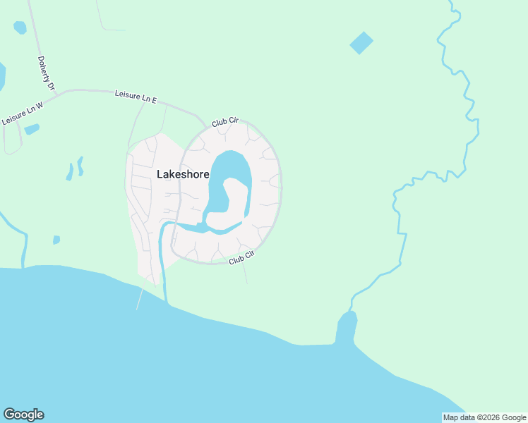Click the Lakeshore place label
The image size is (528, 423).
click(182, 174)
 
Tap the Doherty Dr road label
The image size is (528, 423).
click(46, 73)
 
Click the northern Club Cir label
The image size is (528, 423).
click(225, 122)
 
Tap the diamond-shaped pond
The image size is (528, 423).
click(361, 43)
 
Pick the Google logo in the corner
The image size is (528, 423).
click(23, 415)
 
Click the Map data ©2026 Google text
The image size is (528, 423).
click(485, 417)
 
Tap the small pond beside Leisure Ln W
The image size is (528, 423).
click(32, 129)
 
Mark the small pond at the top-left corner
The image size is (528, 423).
click(20, 27)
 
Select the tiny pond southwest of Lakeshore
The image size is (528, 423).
click(56, 240)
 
